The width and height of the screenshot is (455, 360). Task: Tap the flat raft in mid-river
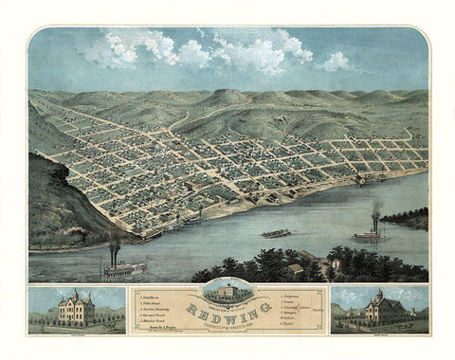276,233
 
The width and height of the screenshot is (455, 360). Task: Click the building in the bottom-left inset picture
75,310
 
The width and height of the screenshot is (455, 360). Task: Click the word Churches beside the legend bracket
319,310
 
